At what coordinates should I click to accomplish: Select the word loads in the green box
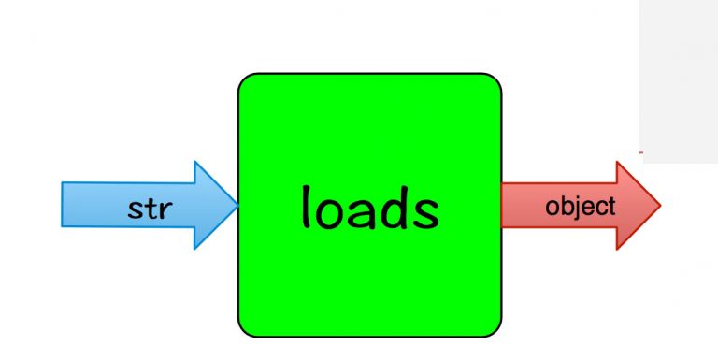click(369, 207)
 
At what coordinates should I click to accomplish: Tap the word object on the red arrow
click(580, 206)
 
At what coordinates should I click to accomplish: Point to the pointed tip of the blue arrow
click(238, 205)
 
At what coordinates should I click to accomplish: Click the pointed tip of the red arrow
click(660, 205)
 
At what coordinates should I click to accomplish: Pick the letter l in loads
click(305, 205)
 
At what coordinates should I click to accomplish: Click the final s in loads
click(424, 212)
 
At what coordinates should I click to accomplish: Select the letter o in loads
click(330, 212)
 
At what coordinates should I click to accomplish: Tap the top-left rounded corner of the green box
click(245, 80)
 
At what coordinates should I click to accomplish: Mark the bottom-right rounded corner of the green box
click(495, 329)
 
